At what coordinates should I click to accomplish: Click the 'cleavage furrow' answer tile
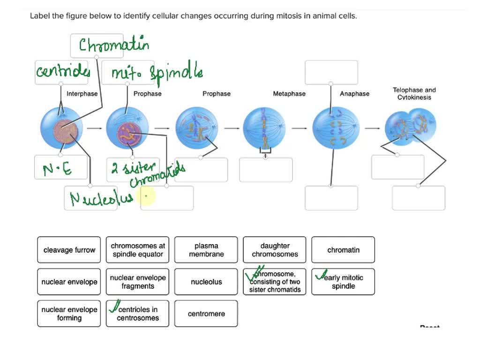(x=69, y=250)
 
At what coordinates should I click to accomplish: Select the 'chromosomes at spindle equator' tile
(x=138, y=250)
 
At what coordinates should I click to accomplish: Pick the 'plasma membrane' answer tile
(x=206, y=250)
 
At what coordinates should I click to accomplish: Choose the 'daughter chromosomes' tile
(x=275, y=250)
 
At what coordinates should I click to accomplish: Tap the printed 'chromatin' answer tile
(x=343, y=250)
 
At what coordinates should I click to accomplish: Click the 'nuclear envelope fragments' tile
(x=138, y=282)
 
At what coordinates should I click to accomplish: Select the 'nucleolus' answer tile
(x=206, y=282)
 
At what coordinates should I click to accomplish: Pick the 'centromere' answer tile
(x=206, y=314)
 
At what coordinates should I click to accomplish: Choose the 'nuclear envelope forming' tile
(x=69, y=314)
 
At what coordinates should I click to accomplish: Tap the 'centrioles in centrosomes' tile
(x=138, y=314)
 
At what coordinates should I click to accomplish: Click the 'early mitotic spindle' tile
(x=343, y=282)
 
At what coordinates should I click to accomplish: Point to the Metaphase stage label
(x=289, y=94)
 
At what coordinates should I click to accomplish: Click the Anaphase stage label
(x=354, y=94)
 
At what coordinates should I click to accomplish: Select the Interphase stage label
(x=82, y=94)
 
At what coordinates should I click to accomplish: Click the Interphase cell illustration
(x=61, y=128)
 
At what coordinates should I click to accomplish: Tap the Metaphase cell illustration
(x=264, y=128)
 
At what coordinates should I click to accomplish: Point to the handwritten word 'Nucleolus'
(x=96, y=199)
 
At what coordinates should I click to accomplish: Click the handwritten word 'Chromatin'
(x=114, y=45)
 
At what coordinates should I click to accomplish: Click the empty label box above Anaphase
(x=331, y=72)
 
